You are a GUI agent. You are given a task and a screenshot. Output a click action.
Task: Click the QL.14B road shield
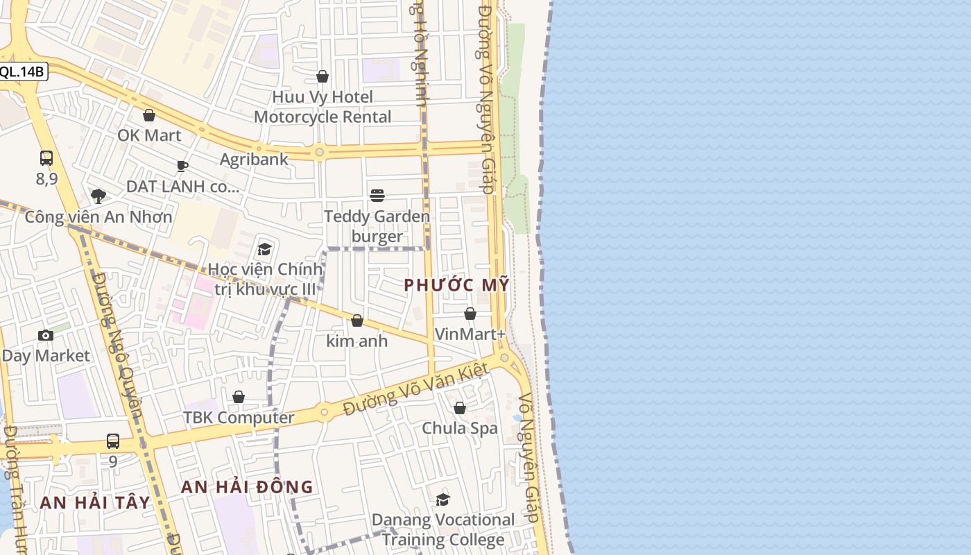click(x=22, y=71)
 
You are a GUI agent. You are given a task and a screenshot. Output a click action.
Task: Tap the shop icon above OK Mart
click(x=148, y=115)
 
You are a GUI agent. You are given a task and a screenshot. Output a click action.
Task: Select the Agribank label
click(x=254, y=160)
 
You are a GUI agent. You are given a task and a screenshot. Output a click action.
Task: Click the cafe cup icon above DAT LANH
click(x=182, y=166)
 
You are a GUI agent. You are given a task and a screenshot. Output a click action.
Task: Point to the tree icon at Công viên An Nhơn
click(x=98, y=196)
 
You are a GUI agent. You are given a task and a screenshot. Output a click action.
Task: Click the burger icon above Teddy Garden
click(x=377, y=196)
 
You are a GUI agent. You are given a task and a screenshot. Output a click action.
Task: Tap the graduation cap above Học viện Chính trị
click(x=264, y=249)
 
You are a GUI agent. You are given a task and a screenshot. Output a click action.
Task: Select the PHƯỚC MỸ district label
click(x=456, y=285)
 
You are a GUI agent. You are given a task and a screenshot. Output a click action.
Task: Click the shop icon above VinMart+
click(x=470, y=314)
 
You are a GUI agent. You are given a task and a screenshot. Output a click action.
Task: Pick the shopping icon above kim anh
click(x=357, y=321)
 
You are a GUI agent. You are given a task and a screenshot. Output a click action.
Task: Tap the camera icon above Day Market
click(x=46, y=336)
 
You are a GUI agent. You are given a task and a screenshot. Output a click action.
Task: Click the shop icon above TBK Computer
click(x=239, y=397)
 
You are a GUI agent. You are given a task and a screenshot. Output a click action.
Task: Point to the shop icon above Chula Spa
click(x=460, y=408)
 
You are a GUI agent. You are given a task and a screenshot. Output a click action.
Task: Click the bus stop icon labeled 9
click(x=113, y=441)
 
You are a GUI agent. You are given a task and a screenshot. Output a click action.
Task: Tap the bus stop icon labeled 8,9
click(x=46, y=158)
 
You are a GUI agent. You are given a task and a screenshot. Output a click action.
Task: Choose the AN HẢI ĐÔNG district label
click(x=247, y=487)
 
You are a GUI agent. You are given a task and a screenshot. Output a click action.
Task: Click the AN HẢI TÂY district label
click(x=95, y=503)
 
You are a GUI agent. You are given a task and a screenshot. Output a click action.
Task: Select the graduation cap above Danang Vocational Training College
click(x=443, y=499)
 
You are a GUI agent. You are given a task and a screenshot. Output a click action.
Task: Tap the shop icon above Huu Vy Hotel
click(x=323, y=76)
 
